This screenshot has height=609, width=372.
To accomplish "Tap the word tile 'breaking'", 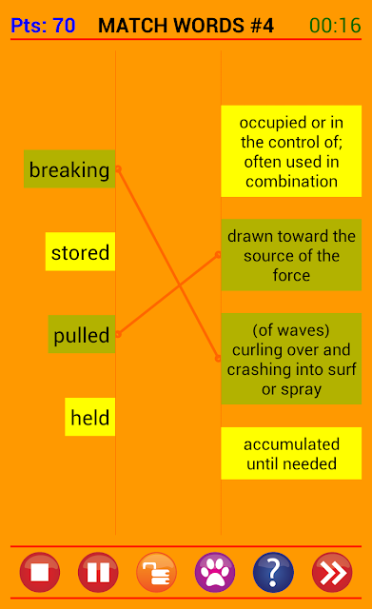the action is (x=69, y=169).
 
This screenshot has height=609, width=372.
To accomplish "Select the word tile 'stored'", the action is (x=80, y=251).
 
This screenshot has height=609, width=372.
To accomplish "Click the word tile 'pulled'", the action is (x=82, y=334).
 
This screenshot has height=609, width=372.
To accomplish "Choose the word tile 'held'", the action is (x=90, y=417).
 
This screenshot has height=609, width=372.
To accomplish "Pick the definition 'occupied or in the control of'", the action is (x=291, y=151).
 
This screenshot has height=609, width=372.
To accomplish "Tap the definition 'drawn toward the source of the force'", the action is (x=291, y=255).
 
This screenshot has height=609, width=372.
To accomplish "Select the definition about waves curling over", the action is (x=291, y=359).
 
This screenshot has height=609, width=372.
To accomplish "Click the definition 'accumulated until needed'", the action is (x=291, y=453).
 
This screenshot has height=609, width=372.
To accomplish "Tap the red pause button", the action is (x=98, y=572).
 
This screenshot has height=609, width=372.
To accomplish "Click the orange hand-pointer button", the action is (x=156, y=572).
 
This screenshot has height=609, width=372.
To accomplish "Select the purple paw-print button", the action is (x=215, y=572).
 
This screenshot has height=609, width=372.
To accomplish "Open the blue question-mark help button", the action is (x=273, y=572).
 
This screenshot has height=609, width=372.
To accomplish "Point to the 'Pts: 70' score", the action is (x=43, y=26).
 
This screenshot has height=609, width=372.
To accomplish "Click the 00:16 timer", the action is (x=335, y=26).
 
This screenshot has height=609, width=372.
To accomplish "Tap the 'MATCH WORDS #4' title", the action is (x=186, y=26).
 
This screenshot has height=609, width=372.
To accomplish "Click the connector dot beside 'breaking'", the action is (x=118, y=169).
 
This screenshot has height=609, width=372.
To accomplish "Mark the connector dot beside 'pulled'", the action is (x=118, y=334).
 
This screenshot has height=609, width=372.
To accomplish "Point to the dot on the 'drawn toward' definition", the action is (x=218, y=255).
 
